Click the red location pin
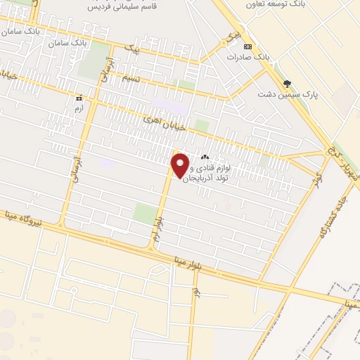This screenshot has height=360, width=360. point(181,165)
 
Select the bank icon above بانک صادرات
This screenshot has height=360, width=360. point(247,46)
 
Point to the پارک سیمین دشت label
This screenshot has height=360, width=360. point(288,94)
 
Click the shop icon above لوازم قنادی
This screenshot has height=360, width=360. point(205,157)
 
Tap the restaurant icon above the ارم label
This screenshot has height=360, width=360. point(79,98)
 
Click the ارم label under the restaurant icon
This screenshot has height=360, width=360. point(79,110)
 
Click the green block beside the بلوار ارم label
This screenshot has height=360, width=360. point(145,214)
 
